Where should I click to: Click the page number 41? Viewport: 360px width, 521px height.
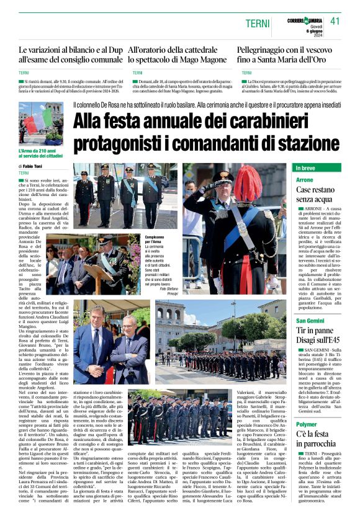pos(335,21)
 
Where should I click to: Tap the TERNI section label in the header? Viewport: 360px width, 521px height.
pos(258,24)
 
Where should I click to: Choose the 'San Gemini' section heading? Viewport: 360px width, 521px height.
pos(310,320)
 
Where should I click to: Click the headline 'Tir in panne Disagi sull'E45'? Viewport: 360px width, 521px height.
pos(315,334)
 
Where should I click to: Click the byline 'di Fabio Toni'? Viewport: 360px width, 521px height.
pos(30,167)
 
